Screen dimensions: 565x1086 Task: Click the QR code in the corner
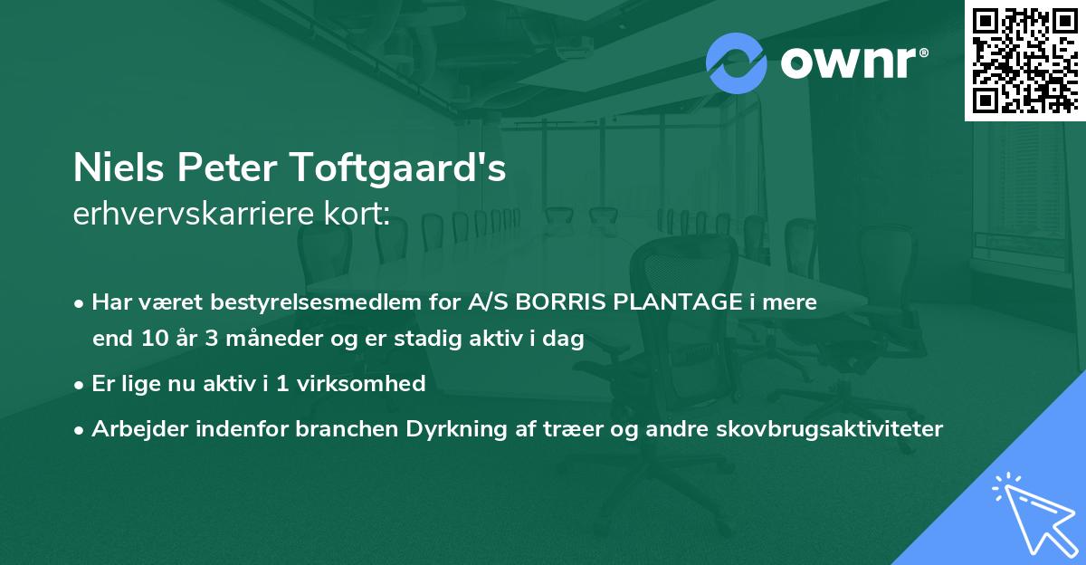(x=1024, y=61)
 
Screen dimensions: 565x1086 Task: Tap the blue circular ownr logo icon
(x=737, y=63)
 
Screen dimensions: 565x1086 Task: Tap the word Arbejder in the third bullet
(x=131, y=428)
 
